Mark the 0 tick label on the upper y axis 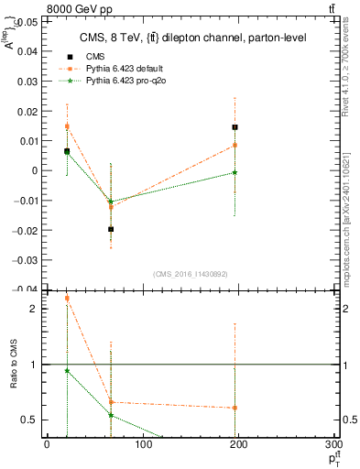35,170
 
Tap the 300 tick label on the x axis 332,445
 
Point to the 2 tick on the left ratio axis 36,309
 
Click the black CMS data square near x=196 235,127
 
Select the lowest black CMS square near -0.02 111,229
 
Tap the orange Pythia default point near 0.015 67,126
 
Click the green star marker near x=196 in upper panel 235,172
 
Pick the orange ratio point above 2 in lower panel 67,298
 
